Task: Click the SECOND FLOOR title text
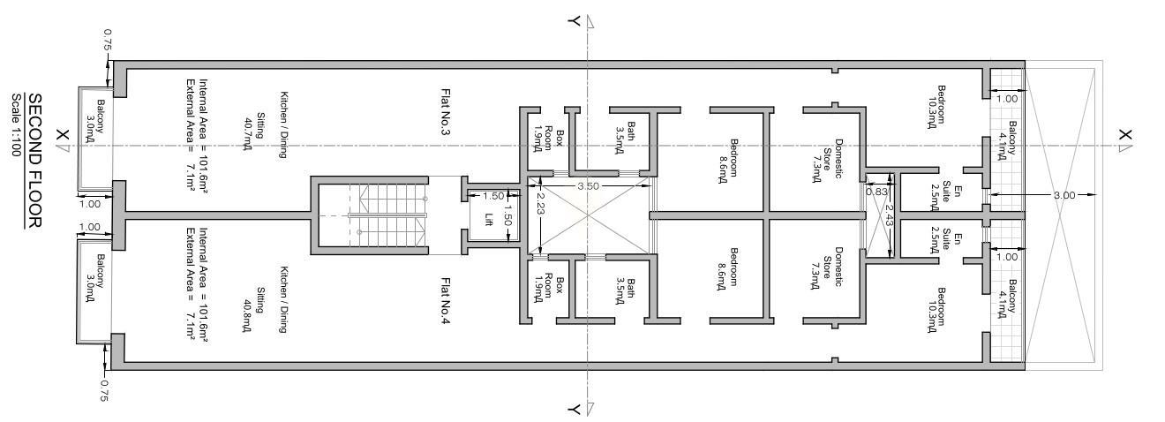coord(34,161)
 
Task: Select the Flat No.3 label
coord(445,112)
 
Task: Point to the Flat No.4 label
coord(445,300)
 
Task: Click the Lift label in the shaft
coord(488,219)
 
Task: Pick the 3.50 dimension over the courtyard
coord(588,185)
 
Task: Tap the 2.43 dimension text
coord(888,215)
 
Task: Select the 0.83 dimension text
coord(876,192)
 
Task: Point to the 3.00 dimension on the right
coord(1064,195)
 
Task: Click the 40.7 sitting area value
coord(248,134)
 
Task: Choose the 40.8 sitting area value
coord(248,316)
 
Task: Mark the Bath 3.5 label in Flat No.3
coord(625,138)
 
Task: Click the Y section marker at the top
coord(575,21)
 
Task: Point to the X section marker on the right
coord(1125,135)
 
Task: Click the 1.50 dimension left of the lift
coord(493,196)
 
